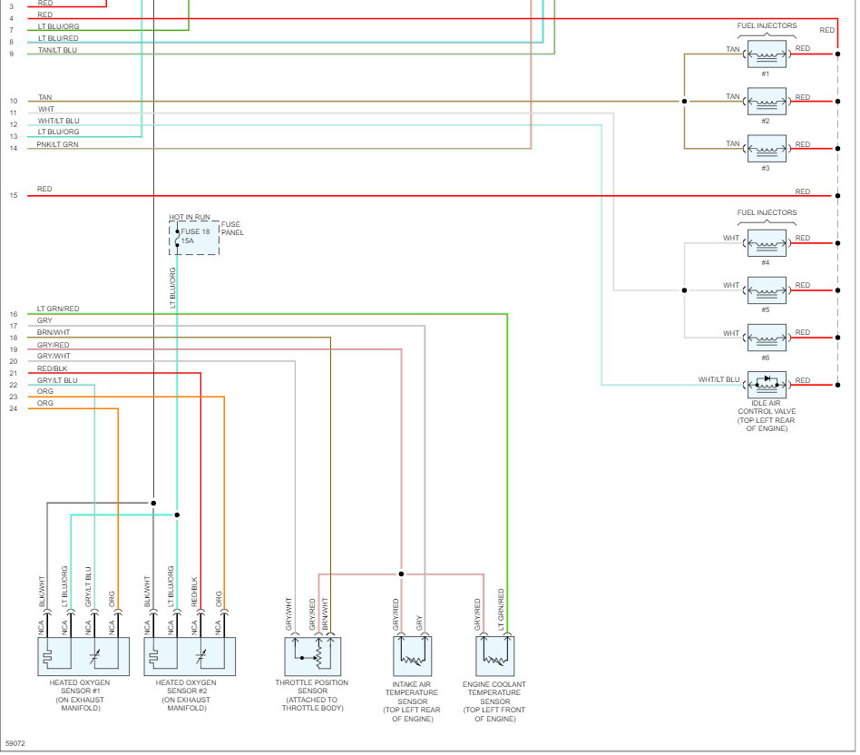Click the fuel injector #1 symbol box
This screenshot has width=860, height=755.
(x=767, y=54)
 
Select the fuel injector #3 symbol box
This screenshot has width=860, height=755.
(x=767, y=148)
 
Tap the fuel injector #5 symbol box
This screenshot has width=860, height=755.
(x=767, y=290)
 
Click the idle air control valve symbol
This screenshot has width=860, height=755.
(x=767, y=385)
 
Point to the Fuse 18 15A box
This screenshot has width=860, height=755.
(x=194, y=238)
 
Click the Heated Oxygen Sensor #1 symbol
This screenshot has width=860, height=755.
(x=83, y=655)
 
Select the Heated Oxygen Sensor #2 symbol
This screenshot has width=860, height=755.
(x=190, y=655)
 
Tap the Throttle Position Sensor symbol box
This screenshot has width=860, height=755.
(x=312, y=655)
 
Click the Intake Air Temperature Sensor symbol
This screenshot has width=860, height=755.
(x=412, y=655)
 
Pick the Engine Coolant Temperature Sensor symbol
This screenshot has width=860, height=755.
(x=494, y=655)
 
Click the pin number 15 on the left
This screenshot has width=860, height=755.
(x=14, y=195)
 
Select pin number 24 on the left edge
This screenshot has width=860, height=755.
(x=14, y=408)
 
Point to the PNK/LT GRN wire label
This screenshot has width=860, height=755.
(x=57, y=144)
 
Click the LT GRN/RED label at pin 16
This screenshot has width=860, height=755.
(x=58, y=309)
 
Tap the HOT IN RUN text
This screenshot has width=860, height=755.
(x=190, y=217)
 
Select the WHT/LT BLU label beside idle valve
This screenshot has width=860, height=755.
(x=718, y=379)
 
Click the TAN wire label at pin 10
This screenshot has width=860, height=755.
(x=44, y=97)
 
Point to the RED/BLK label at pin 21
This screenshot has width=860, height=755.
(x=53, y=368)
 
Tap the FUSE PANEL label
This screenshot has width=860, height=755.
(x=232, y=228)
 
